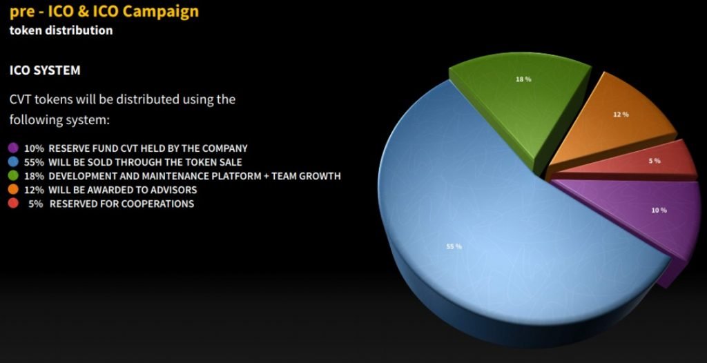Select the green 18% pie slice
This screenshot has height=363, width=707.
click(x=523, y=104)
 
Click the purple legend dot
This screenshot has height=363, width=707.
click(x=13, y=148)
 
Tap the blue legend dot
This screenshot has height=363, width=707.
click(x=13, y=162)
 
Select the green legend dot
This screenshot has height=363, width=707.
click(x=13, y=176)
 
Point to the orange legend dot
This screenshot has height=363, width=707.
click(x=13, y=189)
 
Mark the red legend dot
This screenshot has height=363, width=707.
click(x=13, y=204)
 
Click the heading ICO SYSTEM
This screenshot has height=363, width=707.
click(x=45, y=70)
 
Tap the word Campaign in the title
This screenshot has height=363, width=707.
click(x=160, y=12)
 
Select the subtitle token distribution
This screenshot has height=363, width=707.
click(x=61, y=30)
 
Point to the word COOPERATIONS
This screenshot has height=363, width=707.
click(x=157, y=204)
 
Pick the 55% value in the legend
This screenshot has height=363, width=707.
click(x=34, y=162)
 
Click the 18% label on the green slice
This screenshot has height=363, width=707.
click(x=523, y=79)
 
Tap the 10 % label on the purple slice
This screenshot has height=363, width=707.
click(x=659, y=210)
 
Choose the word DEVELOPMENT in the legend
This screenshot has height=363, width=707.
click(x=79, y=176)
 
